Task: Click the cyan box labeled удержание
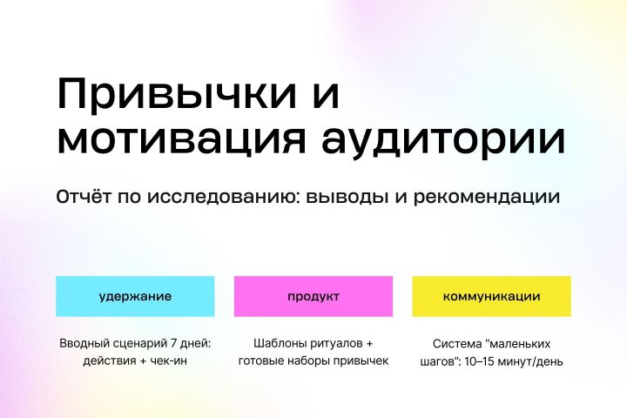pyautogui.click(x=135, y=296)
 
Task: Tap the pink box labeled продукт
pyautogui.click(x=313, y=296)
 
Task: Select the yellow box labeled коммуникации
pyautogui.click(x=491, y=296)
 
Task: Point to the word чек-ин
pyautogui.click(x=168, y=361)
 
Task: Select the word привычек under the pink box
pyautogui.click(x=359, y=361)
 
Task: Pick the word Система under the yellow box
pyautogui.click(x=456, y=343)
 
